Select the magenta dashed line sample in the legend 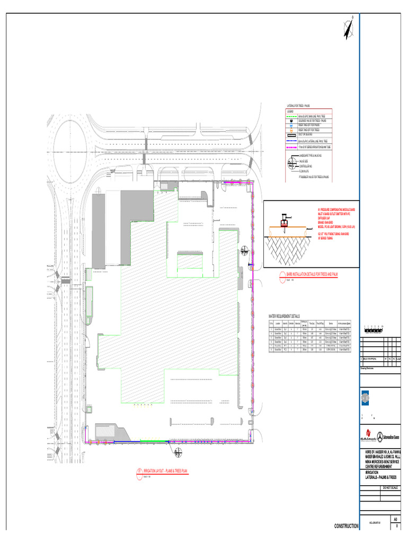(291, 145)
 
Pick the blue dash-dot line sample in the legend (291, 139)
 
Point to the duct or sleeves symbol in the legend (291, 135)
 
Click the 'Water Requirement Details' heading (284, 316)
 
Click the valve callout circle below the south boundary (176, 452)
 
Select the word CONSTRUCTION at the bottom (346, 526)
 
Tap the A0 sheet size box (395, 519)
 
